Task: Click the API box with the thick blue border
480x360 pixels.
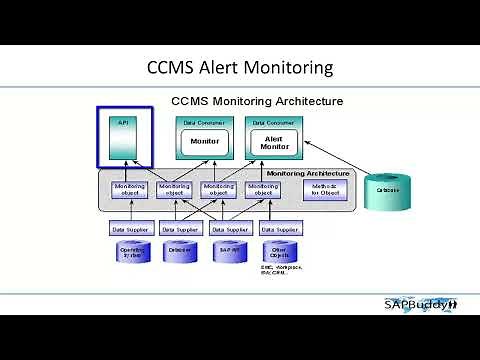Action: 130,140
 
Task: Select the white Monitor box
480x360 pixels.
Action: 204,141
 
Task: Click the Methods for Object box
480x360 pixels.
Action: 324,189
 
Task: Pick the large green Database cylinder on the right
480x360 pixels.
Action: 387,189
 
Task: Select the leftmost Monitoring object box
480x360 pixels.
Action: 130,189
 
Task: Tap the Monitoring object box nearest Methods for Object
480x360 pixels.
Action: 263,189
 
